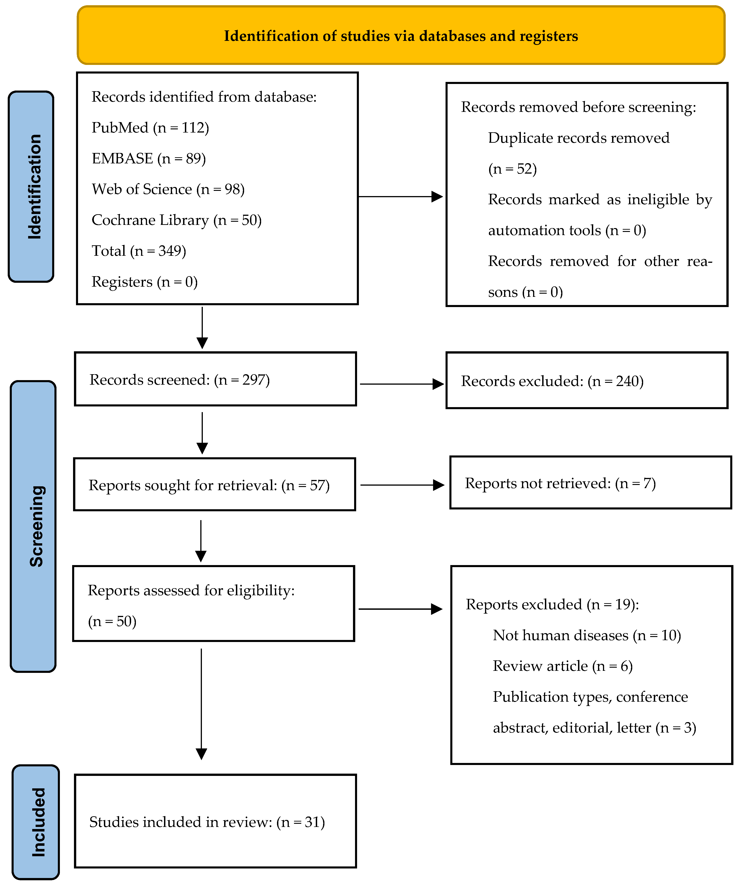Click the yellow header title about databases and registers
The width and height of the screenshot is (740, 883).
point(401,36)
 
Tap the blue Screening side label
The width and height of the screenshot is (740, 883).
point(33,526)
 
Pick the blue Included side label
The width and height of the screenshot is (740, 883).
point(36,822)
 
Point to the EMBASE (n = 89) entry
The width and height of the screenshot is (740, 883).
point(149,159)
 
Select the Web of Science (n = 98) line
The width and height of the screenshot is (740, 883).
point(168,189)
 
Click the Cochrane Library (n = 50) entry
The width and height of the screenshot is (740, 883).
point(176,220)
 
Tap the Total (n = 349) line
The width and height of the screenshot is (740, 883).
point(139,251)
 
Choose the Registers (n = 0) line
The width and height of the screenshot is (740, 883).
point(145,282)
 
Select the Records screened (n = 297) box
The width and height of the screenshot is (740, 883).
point(216,379)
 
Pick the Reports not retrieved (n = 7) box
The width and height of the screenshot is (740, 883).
point(591,483)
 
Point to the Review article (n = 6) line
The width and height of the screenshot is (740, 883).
point(563,666)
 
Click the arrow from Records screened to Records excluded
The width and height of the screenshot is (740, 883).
point(402,384)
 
